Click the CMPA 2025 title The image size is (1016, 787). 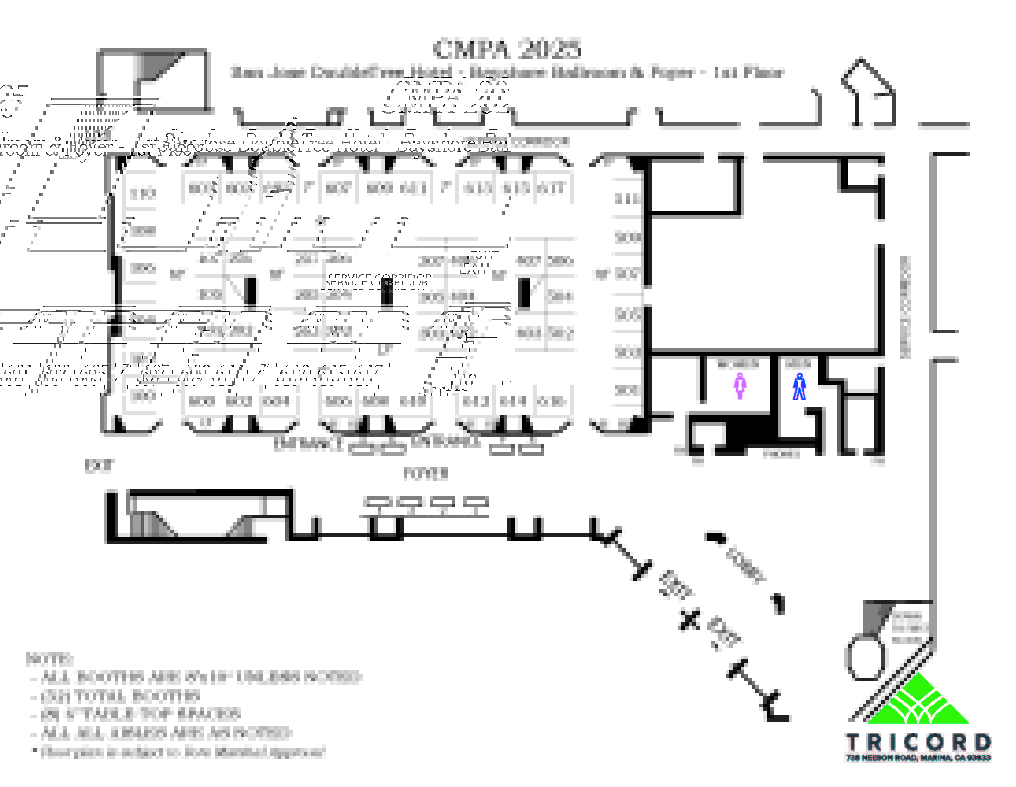[507, 49]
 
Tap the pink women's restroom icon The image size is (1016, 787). [740, 386]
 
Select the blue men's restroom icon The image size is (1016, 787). [799, 386]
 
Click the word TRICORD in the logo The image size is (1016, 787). [918, 742]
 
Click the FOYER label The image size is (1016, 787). [425, 474]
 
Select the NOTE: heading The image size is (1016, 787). [50, 659]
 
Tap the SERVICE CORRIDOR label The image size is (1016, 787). [378, 281]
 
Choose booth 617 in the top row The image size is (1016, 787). [551, 188]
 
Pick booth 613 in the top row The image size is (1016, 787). [477, 188]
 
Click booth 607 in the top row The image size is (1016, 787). [338, 188]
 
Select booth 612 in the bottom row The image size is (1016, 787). [475, 401]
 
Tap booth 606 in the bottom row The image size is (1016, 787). [338, 401]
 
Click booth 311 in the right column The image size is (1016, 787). [627, 199]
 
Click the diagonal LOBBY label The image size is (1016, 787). [745, 564]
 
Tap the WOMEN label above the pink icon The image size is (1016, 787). [738, 364]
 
